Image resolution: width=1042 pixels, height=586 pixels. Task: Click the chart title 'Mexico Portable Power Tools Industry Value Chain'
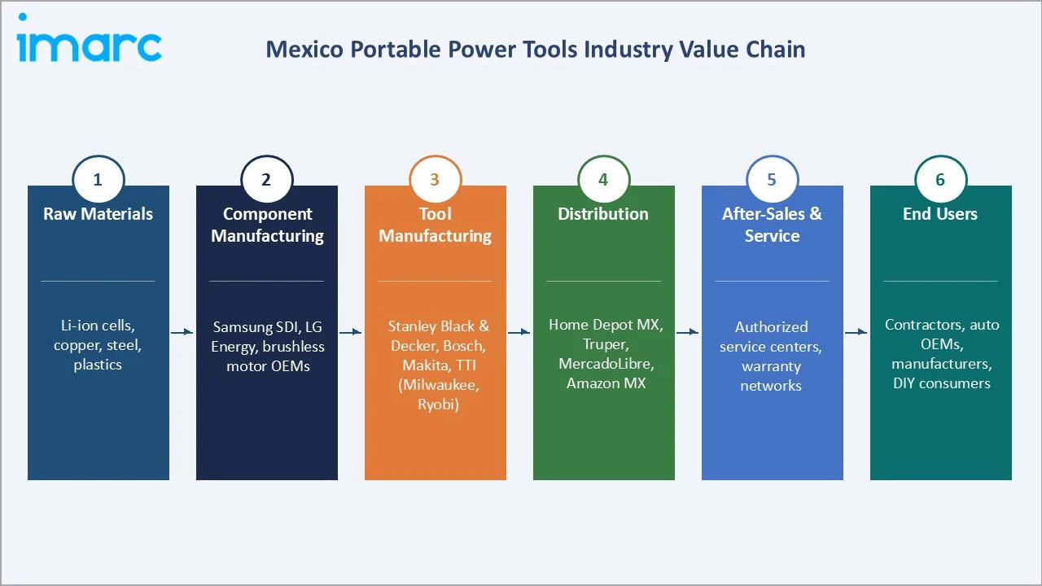click(x=535, y=50)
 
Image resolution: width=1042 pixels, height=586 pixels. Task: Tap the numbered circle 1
click(x=98, y=180)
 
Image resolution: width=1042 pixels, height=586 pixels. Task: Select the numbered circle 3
click(x=435, y=180)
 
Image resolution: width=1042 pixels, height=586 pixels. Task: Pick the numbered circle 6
click(x=940, y=180)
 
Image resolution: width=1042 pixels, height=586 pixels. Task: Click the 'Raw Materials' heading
click(x=98, y=214)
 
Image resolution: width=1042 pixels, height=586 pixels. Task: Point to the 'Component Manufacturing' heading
click(x=267, y=225)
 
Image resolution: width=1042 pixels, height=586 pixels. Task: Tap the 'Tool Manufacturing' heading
click(x=435, y=225)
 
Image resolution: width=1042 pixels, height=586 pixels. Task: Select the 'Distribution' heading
click(x=603, y=214)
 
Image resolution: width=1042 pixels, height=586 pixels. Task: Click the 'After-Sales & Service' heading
click(x=772, y=225)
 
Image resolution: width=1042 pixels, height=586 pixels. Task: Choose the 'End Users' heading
click(x=940, y=214)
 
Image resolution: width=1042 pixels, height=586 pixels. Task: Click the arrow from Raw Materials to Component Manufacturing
click(x=182, y=332)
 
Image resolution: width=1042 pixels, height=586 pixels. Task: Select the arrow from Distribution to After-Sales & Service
click(x=688, y=332)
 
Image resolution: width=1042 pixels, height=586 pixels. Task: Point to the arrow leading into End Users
click(x=856, y=332)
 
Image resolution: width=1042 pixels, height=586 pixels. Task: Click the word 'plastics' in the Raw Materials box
click(x=98, y=365)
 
